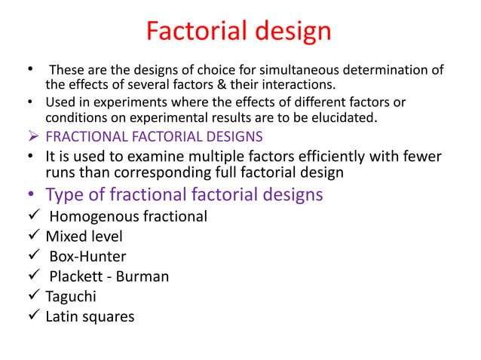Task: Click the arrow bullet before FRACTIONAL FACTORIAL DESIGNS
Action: (x=34, y=136)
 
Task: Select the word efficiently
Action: (x=321, y=156)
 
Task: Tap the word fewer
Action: (x=418, y=156)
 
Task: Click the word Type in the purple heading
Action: (x=63, y=194)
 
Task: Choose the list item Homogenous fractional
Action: (x=127, y=217)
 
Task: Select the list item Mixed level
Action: (x=84, y=236)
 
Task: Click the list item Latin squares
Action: (x=90, y=316)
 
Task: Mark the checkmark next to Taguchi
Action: (x=34, y=296)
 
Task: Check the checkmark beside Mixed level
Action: (x=34, y=236)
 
